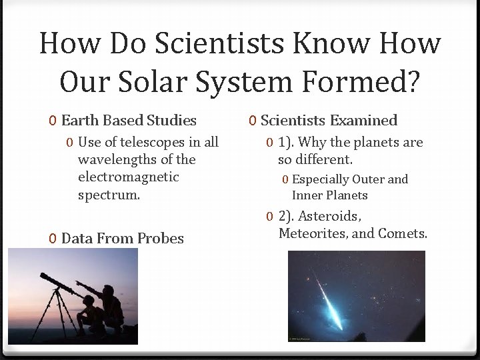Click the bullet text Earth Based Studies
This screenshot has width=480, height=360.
click(129, 121)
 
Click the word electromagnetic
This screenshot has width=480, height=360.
click(128, 177)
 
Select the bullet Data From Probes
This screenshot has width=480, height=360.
click(122, 238)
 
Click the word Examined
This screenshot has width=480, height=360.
click(363, 121)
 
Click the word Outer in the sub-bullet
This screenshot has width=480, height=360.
click(368, 179)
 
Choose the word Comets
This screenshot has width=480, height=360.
click(402, 233)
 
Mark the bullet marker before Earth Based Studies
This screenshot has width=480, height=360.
click(53, 121)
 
